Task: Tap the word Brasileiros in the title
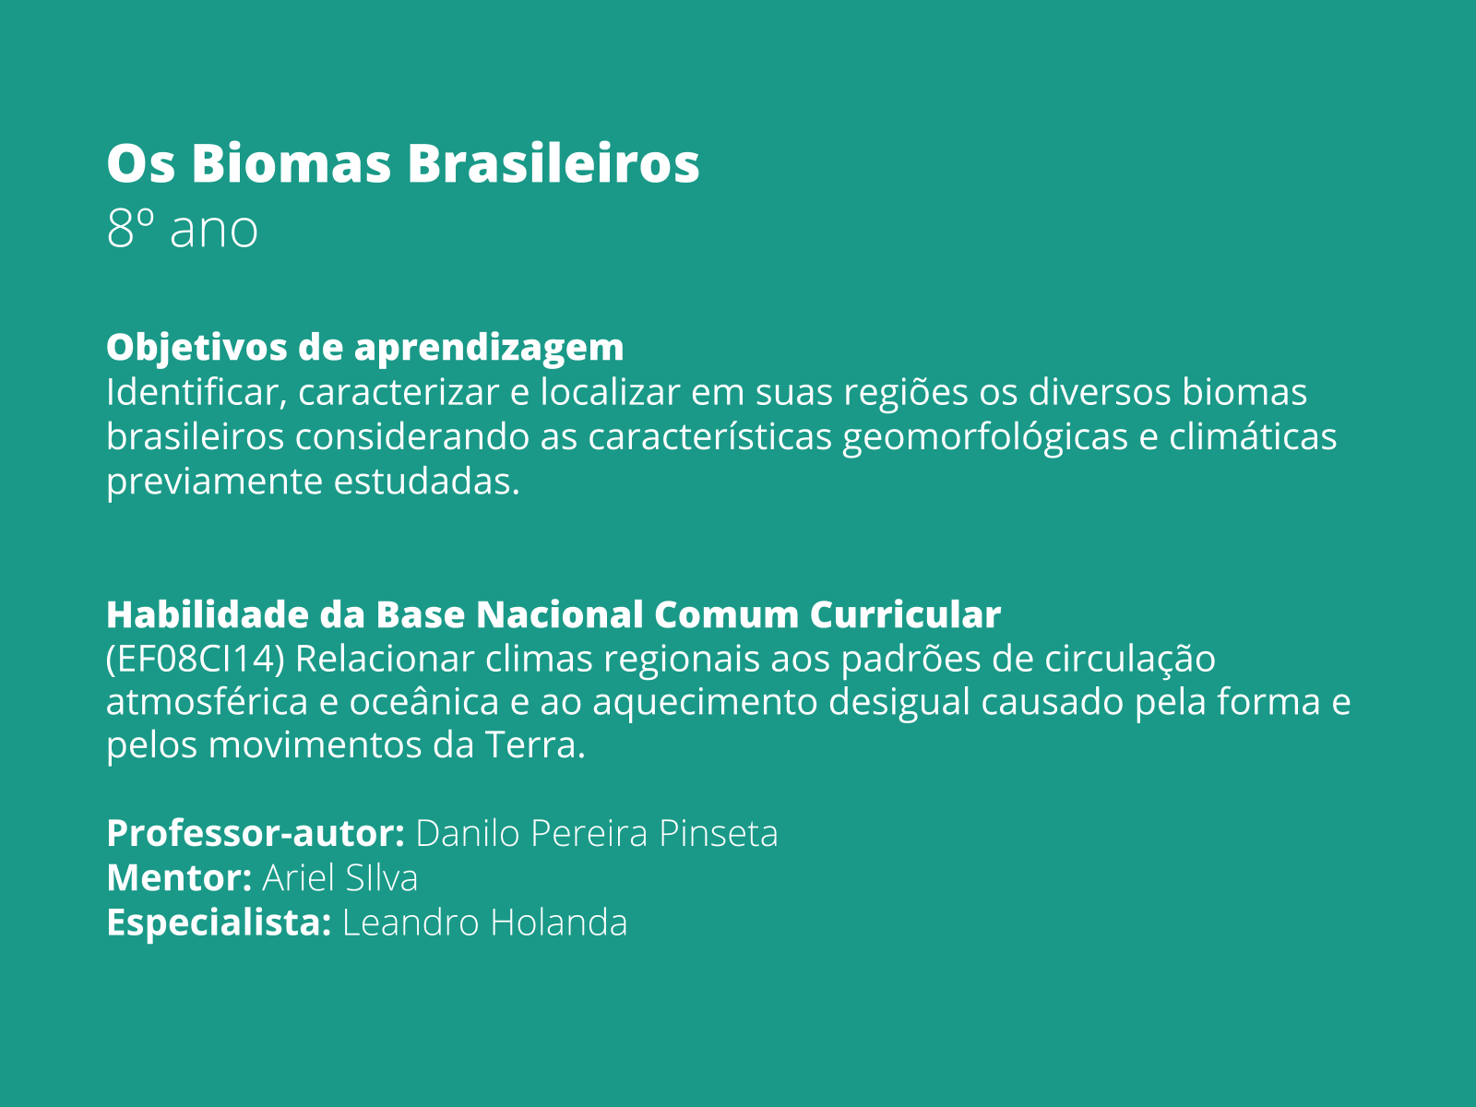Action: pos(553,163)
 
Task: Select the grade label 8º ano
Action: pos(182,229)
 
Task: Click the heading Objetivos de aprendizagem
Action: pos(364,347)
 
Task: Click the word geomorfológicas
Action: pos(984,436)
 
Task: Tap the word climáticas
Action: pos(1253,436)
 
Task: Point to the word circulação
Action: pos(1130,659)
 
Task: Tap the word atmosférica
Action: pos(207,702)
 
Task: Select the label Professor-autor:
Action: pos(256,833)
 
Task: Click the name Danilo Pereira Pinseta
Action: pos(597,833)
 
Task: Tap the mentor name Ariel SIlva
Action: pos(339,877)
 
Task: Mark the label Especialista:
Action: pos(219,922)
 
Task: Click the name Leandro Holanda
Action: pos(484,922)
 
